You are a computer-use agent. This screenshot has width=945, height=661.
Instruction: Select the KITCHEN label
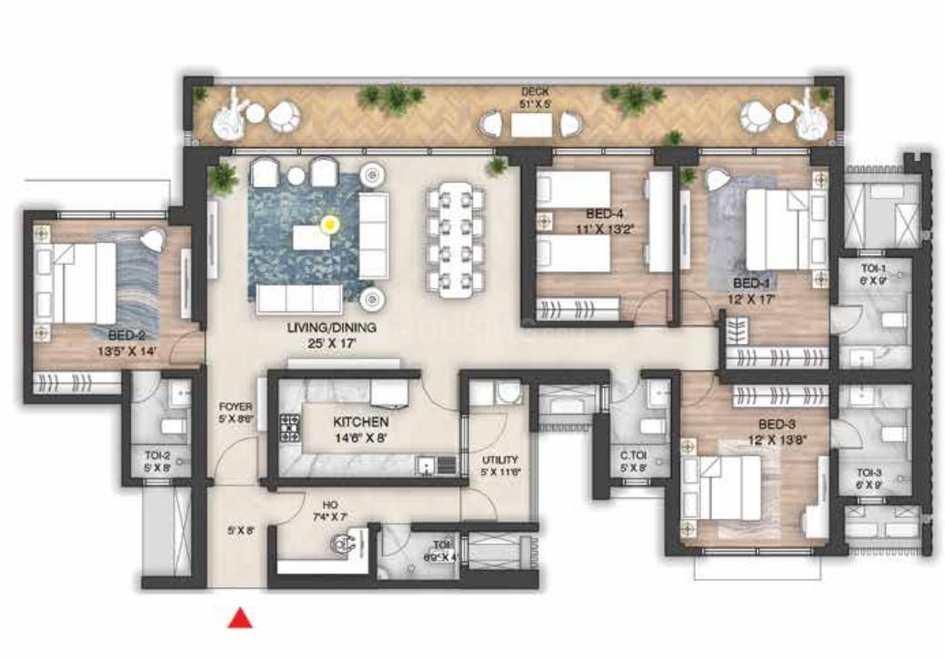(x=361, y=422)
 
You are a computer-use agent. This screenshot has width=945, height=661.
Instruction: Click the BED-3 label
(x=778, y=423)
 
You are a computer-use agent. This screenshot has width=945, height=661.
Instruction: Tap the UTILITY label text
(x=500, y=459)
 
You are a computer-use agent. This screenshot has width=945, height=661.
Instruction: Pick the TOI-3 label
(x=870, y=473)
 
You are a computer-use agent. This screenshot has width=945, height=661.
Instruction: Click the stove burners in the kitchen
(x=290, y=428)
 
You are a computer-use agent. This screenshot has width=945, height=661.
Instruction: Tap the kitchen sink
(x=426, y=466)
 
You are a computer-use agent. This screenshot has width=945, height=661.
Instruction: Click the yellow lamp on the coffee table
(x=330, y=221)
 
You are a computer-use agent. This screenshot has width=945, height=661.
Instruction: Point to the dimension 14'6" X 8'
(x=361, y=438)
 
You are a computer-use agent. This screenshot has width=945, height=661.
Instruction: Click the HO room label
(x=330, y=503)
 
